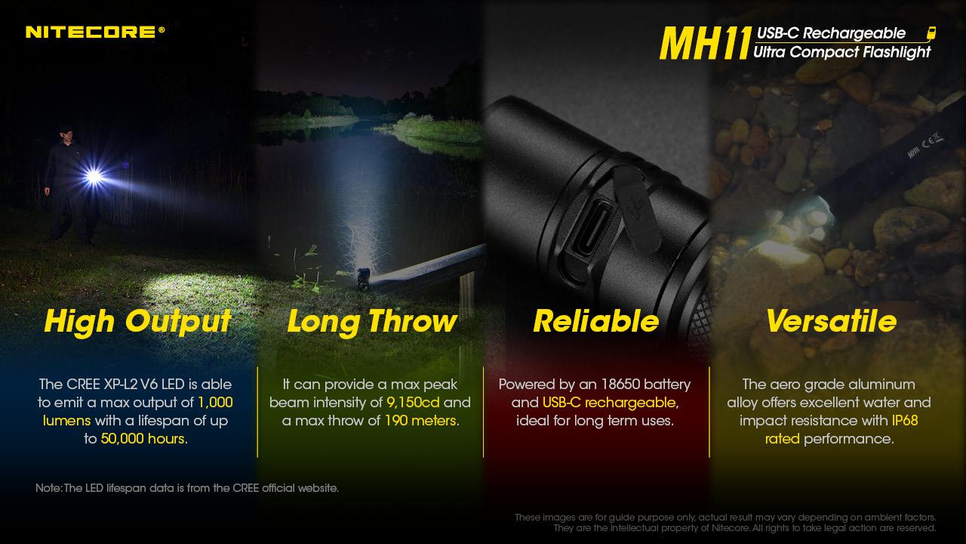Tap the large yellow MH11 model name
(x=705, y=43)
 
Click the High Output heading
(x=137, y=322)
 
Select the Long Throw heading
(x=372, y=322)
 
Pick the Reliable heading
(x=596, y=321)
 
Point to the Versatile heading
(x=831, y=321)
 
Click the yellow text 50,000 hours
(x=143, y=439)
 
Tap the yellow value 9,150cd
(x=413, y=403)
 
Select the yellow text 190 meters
(x=420, y=421)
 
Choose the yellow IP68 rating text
(x=905, y=421)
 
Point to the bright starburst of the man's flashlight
(x=94, y=176)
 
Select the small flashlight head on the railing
(x=363, y=279)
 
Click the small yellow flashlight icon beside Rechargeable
(x=931, y=33)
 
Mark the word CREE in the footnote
(x=246, y=488)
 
